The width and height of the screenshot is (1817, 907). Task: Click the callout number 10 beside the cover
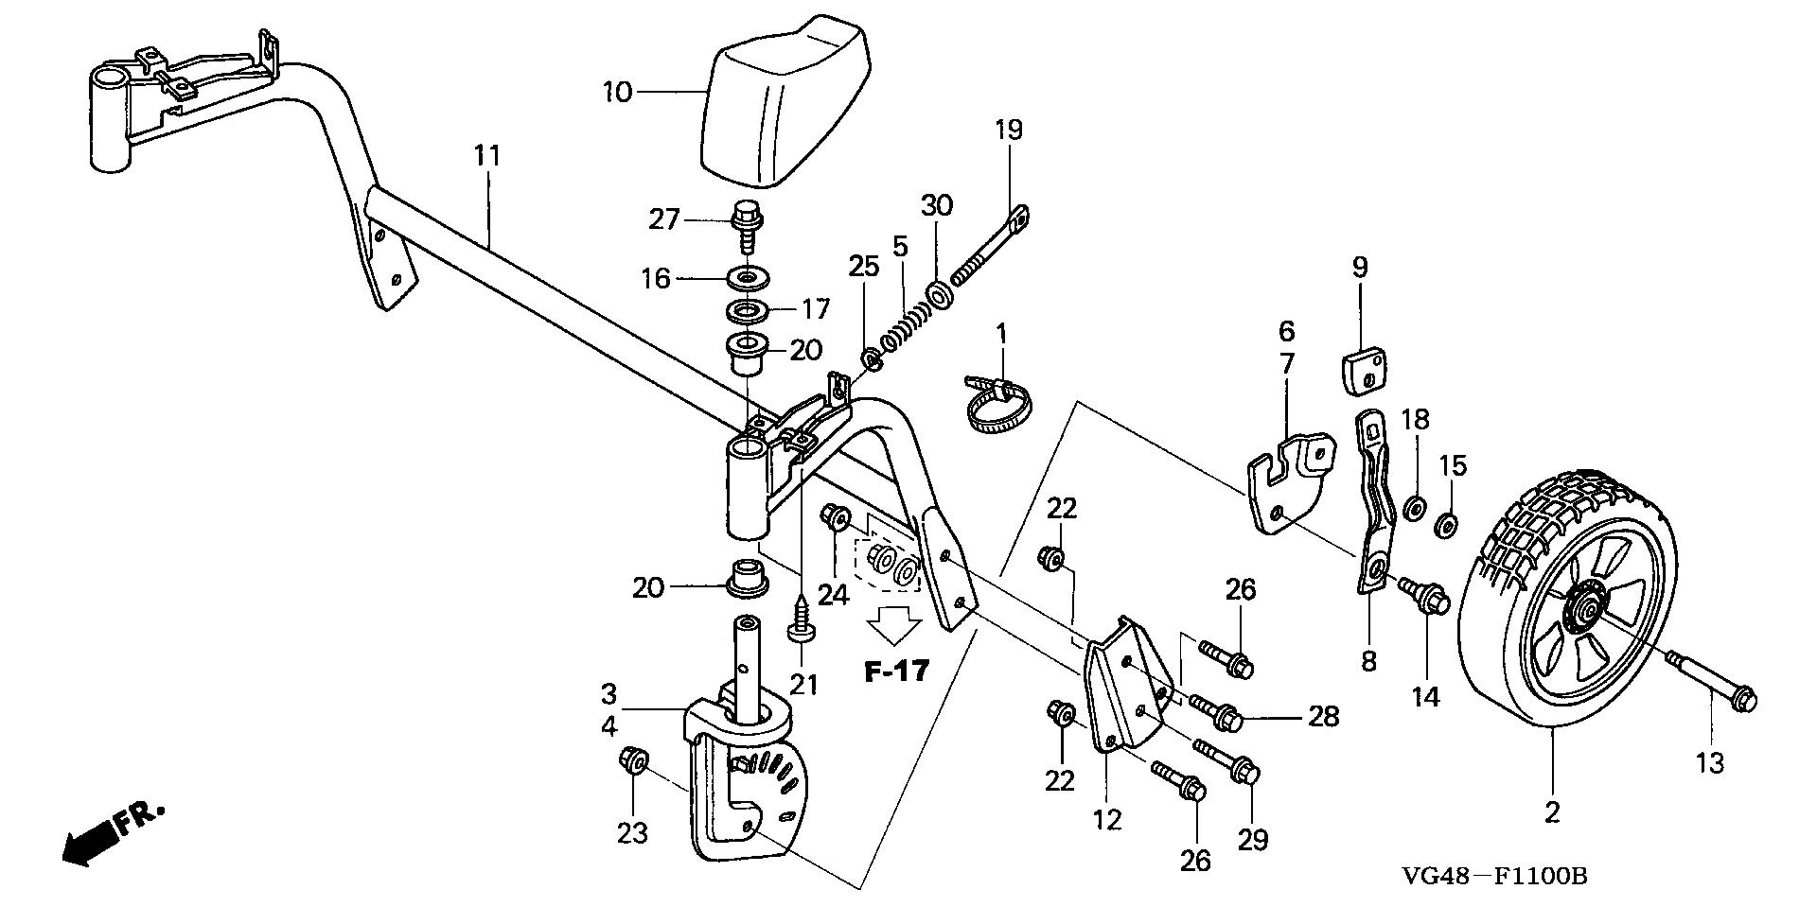click(617, 93)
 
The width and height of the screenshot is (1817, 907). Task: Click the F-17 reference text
click(896, 672)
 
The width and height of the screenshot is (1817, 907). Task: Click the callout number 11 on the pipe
click(486, 156)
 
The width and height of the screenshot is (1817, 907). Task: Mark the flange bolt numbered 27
click(746, 220)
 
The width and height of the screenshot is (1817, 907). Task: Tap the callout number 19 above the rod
click(1009, 129)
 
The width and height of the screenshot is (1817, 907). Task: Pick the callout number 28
click(1324, 716)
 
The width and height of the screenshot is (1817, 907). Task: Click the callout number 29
click(1252, 838)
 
